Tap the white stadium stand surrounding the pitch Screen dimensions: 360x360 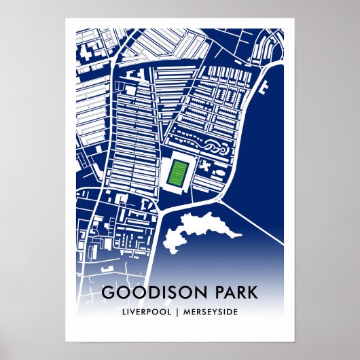click(x=179, y=192)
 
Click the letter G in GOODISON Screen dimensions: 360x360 click(x=107, y=293)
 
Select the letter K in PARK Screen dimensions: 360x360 click(x=253, y=293)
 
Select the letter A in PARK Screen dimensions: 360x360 click(x=230, y=293)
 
